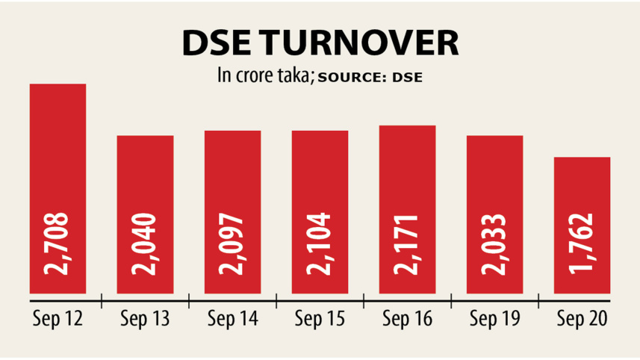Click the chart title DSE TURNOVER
click(x=320, y=44)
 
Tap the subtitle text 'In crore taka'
click(x=264, y=76)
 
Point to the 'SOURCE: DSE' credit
click(x=370, y=78)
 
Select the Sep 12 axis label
click(x=58, y=319)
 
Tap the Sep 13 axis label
click(x=146, y=319)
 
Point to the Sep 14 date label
click(x=232, y=319)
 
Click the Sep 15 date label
click(x=320, y=319)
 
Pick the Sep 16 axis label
click(x=407, y=319)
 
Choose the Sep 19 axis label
click(x=494, y=319)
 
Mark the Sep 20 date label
click(x=582, y=319)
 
